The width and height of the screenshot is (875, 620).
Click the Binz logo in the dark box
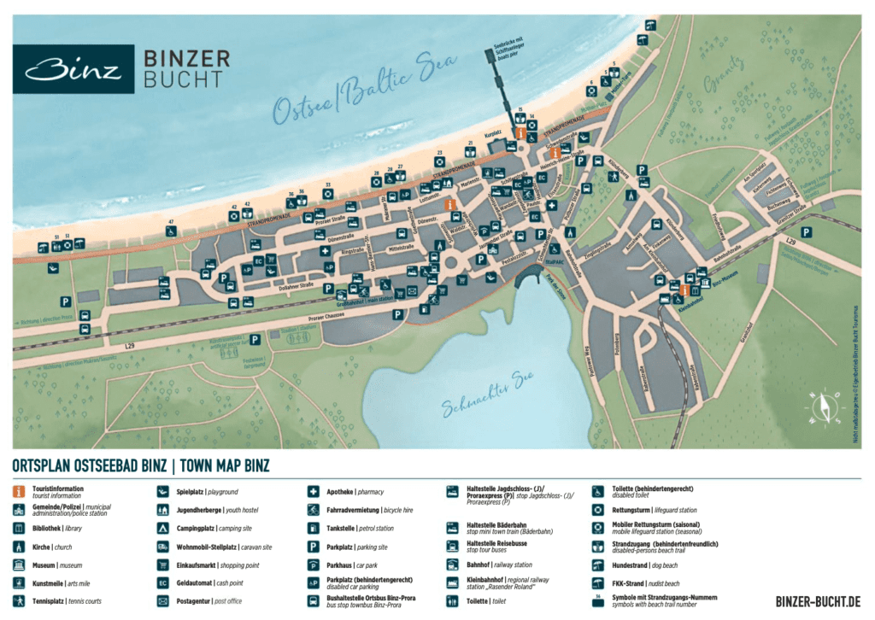pyautogui.click(x=73, y=68)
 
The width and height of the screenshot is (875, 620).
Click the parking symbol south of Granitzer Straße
pyautogui.click(x=805, y=232)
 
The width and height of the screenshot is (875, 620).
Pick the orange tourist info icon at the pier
pyautogui.click(x=519, y=134)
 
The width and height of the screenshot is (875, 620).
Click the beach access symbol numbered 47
pyautogui.click(x=171, y=231)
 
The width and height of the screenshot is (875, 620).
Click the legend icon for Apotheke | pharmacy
pyautogui.click(x=314, y=492)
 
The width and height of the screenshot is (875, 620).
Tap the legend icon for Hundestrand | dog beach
pyautogui.click(x=597, y=565)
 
